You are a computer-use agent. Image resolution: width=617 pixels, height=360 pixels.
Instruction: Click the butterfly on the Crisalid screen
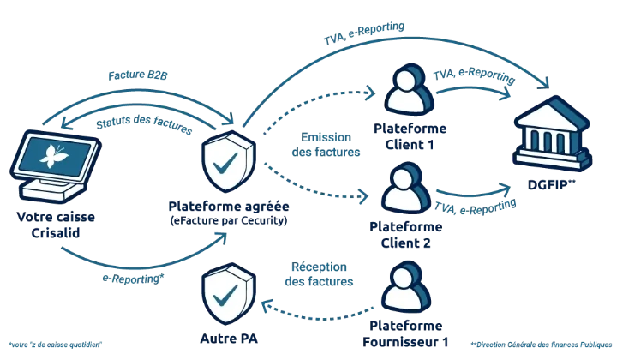coord(53,156)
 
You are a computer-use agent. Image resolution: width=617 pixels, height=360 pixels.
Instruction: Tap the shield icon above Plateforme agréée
coord(229,161)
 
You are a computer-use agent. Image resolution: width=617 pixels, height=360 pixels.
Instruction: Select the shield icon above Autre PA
coord(229,293)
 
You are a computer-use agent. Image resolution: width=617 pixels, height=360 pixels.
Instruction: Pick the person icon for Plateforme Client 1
coord(410,90)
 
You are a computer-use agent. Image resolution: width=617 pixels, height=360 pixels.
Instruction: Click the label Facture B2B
coord(138,75)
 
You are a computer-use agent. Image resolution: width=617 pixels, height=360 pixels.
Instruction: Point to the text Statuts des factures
coord(144,123)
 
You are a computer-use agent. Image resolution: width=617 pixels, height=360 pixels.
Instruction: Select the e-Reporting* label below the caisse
coord(133,279)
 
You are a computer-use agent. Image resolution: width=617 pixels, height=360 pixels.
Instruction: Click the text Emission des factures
coord(326,144)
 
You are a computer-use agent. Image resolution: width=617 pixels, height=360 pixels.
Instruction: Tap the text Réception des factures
coord(319,273)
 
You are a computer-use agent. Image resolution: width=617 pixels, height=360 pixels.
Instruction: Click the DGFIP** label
coord(552,184)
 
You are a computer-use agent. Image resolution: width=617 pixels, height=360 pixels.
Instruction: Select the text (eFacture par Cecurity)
coord(229,220)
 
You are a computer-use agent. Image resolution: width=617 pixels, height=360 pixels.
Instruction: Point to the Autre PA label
coord(229,339)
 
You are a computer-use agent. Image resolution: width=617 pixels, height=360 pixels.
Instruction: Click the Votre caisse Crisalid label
coord(56,225)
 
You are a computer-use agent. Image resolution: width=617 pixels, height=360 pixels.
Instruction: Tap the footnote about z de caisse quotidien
coord(55,345)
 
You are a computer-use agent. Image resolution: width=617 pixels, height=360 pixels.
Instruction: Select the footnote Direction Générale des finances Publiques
coord(542,345)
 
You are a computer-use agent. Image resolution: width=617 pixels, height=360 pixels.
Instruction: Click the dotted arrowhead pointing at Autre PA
coord(267,305)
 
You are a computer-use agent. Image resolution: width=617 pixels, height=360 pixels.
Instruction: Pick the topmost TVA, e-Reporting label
coord(364,33)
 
